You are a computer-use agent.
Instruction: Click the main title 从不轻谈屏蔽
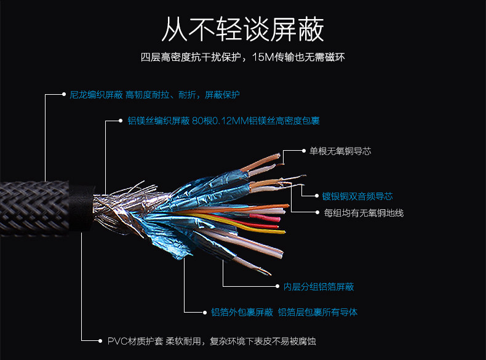coord(242,30)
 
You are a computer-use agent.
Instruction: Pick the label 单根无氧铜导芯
coord(340,151)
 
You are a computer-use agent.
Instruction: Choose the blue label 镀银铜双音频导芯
coord(357,196)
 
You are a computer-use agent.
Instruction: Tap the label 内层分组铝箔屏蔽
coord(319,287)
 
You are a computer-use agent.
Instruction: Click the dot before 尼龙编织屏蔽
coord(63,95)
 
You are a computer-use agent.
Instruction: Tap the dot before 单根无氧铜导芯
coord(303,151)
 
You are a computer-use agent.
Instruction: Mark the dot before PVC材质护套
coord(100,340)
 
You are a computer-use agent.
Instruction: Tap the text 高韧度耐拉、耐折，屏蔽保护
coord(182,95)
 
